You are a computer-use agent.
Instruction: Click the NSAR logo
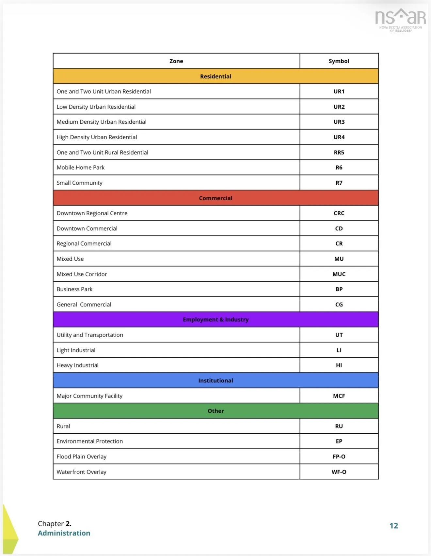pos(400,20)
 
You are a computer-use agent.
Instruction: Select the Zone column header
pos(176,61)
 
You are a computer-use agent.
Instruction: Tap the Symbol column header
pos(339,61)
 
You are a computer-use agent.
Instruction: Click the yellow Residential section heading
pos(215,76)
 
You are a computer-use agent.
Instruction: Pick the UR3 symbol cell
pos(339,122)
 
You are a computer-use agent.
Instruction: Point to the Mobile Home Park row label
pos(80,167)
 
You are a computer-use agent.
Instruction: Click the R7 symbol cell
pos(339,183)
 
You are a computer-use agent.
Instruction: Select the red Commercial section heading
pos(215,198)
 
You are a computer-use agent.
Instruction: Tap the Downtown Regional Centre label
pos(92,213)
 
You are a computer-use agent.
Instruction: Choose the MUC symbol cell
pos(339,274)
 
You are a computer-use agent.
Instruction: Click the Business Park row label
pos(74,289)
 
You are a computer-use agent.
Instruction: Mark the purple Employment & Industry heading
pos(215,319)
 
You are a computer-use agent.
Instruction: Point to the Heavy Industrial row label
pos(77,365)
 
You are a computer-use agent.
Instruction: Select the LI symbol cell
pos(339,350)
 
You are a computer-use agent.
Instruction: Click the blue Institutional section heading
pos(215,380)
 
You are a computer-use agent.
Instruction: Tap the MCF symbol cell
pos(339,396)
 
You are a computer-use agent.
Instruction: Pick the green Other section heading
pos(215,411)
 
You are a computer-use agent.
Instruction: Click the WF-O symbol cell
pos(339,472)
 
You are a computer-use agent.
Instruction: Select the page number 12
pos(394,526)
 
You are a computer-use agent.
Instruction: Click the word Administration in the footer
pos(64,533)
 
